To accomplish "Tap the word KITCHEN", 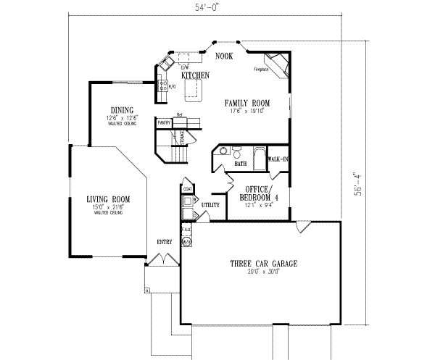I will point(196,75).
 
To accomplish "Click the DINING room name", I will point(121,110).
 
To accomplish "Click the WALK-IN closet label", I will point(278,158).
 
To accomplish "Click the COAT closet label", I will point(187,190).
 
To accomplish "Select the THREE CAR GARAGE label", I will point(262,263).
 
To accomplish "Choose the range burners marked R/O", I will point(162,87).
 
